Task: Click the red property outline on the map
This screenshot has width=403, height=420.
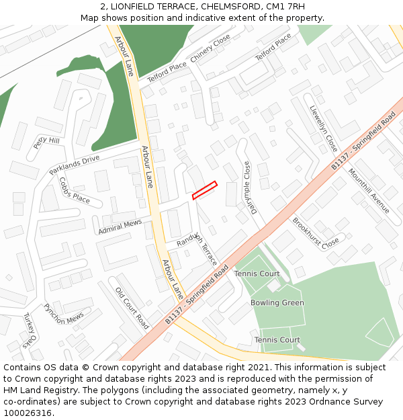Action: click(x=205, y=190)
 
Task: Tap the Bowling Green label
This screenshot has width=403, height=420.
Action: click(x=277, y=303)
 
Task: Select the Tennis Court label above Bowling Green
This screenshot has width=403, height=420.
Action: click(x=257, y=274)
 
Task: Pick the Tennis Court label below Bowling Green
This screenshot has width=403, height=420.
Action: click(x=277, y=340)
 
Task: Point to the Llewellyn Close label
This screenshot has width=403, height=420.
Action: click(x=324, y=128)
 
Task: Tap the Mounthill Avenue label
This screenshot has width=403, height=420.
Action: click(x=368, y=191)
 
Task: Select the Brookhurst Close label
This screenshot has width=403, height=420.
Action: click(x=316, y=233)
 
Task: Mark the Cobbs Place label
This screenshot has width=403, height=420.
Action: click(x=74, y=190)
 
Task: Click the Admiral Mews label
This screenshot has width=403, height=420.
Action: click(x=120, y=226)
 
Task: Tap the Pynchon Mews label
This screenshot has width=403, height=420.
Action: click(x=64, y=314)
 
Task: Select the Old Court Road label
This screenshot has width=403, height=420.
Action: click(x=132, y=308)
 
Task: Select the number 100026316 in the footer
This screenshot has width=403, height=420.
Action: click(x=27, y=413)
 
